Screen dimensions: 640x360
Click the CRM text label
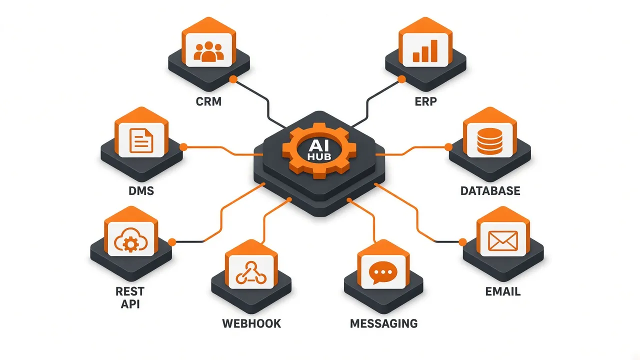(208, 101)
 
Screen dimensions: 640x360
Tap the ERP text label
(425, 101)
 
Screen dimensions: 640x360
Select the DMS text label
(141, 191)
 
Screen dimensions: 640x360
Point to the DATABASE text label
(490, 191)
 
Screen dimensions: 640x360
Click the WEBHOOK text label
(251, 323)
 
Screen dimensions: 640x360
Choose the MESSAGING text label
(383, 323)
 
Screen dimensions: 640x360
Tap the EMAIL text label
(503, 291)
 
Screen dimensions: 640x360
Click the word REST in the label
(130, 291)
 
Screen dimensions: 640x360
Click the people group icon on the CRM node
(208, 51)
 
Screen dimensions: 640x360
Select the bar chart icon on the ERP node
(425, 51)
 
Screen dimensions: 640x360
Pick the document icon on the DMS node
(141, 140)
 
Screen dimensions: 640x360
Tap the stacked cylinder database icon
(489, 141)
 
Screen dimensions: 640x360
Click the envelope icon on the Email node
(503, 241)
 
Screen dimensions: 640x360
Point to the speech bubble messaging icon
(383, 273)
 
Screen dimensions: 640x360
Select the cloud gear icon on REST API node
(131, 240)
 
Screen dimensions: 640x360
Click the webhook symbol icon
(251, 272)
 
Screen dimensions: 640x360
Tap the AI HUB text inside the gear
(319, 150)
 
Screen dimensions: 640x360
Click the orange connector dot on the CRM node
(233, 79)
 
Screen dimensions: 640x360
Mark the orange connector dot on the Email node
(462, 242)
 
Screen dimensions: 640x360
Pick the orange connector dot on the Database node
(448, 147)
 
